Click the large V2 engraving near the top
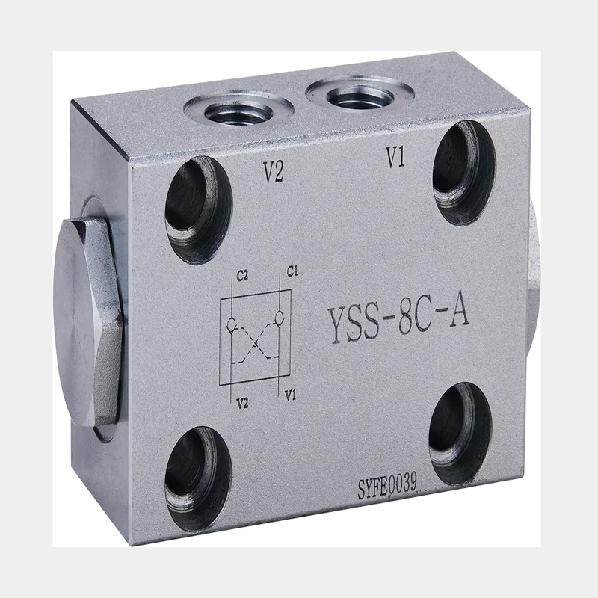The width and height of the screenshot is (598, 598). pos(273,172)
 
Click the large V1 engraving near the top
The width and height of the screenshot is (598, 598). pos(395,157)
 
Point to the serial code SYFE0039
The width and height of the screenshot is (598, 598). pos(386,486)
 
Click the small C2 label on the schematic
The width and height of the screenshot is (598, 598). pos(242,275)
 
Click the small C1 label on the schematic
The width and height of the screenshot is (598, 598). pos(292,271)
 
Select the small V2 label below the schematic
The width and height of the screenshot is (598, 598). pos(242,403)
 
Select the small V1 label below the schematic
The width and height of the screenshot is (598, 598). pos(291,395)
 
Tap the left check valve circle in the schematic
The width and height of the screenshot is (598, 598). pos(231,324)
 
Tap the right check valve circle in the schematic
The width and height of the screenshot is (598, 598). pos(279,316)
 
